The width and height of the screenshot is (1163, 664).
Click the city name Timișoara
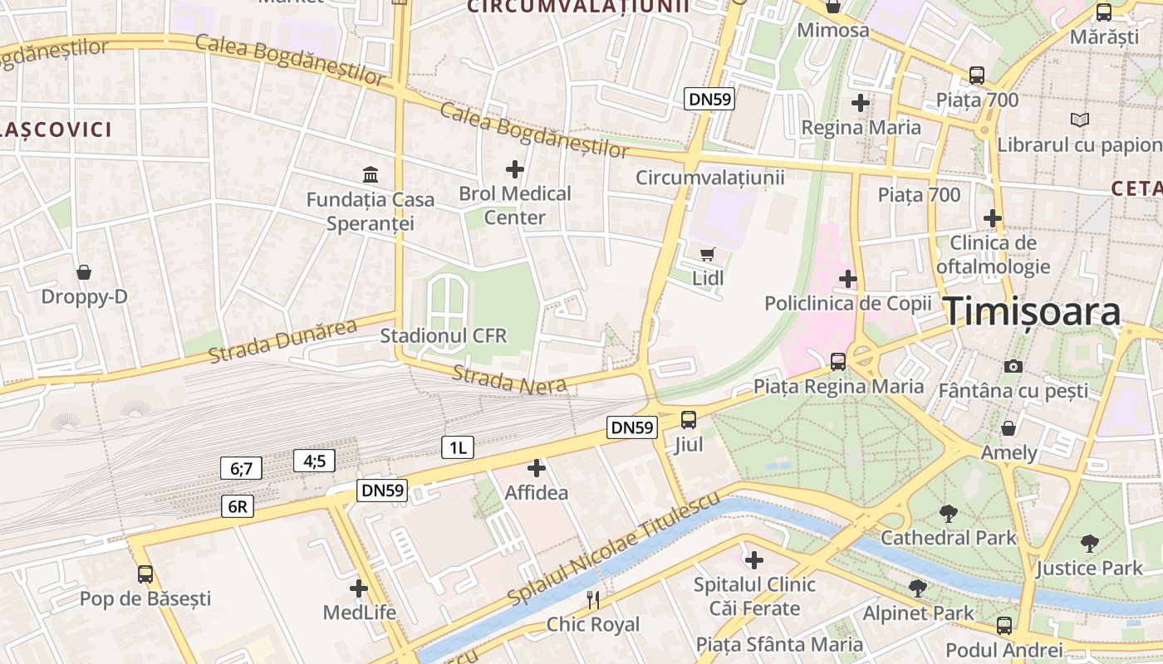[x=1033, y=311]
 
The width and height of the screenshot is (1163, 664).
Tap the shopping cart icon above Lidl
[x=708, y=254]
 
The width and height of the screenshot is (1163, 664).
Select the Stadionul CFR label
[x=443, y=336]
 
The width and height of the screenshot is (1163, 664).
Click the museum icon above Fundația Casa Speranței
[x=370, y=175]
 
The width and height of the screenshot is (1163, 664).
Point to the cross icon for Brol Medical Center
[x=515, y=169]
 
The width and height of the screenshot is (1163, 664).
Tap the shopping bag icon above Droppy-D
[x=84, y=272]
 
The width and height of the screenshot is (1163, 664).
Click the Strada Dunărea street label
[x=282, y=340]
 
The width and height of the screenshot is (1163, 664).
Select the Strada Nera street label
[x=509, y=378]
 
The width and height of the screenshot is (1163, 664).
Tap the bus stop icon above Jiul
[x=689, y=420]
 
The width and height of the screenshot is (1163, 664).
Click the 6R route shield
[x=238, y=506]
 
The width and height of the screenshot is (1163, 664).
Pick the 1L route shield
[x=457, y=448]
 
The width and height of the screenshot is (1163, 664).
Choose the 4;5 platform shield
[x=314, y=461]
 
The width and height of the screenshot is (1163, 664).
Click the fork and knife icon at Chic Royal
[x=593, y=599]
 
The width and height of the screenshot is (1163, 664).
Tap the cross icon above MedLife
[x=359, y=588]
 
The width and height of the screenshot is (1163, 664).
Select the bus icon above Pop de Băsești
[x=145, y=574]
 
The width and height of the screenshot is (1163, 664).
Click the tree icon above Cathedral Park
[x=948, y=514]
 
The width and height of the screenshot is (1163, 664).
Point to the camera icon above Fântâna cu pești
[x=1013, y=366]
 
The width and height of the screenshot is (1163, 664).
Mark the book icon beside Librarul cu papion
[x=1079, y=120]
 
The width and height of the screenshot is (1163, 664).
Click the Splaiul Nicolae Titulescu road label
[x=613, y=548]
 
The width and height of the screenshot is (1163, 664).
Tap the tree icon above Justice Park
[x=1089, y=544]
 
